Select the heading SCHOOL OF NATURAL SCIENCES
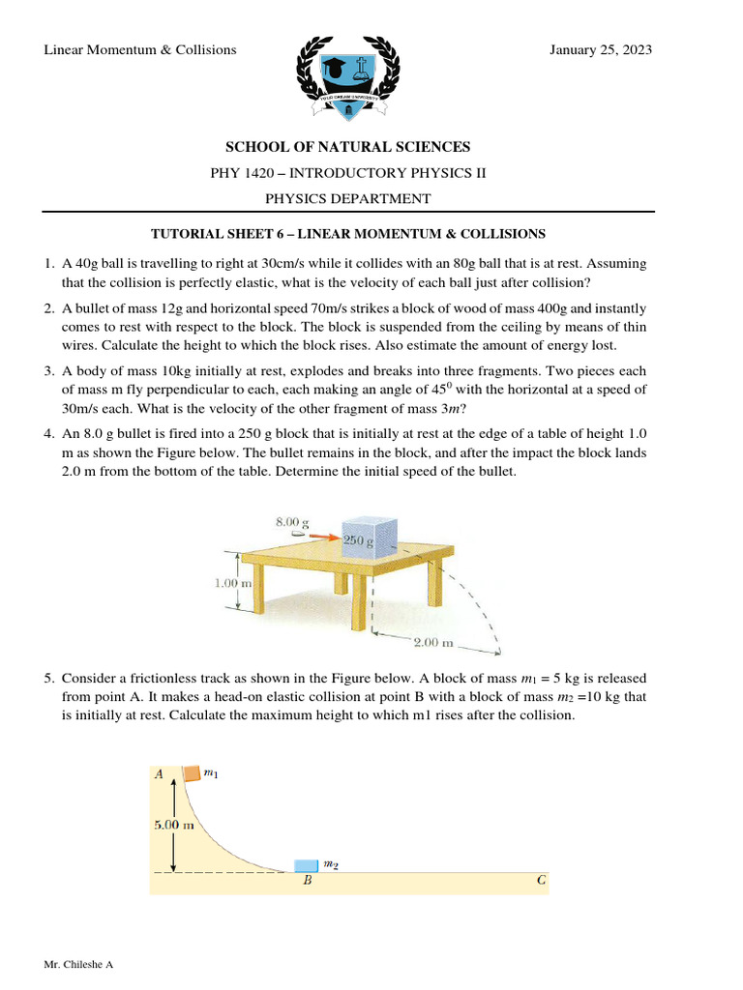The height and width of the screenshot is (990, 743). click(x=347, y=147)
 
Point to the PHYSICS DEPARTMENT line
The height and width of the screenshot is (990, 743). click(x=347, y=198)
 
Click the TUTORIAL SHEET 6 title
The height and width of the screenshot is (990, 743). click(x=347, y=234)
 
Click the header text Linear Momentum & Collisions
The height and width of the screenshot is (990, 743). click(x=140, y=49)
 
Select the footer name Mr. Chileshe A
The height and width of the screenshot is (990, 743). click(x=79, y=965)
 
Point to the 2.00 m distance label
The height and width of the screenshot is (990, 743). click(x=433, y=642)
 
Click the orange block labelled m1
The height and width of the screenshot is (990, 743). click(x=192, y=772)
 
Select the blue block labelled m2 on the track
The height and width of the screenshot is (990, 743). click(x=306, y=863)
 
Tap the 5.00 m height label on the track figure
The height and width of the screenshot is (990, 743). click(x=174, y=825)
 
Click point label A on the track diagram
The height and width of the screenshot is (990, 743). click(x=159, y=773)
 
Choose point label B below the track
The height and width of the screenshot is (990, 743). click(x=306, y=882)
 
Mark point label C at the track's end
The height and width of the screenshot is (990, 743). click(x=541, y=882)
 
